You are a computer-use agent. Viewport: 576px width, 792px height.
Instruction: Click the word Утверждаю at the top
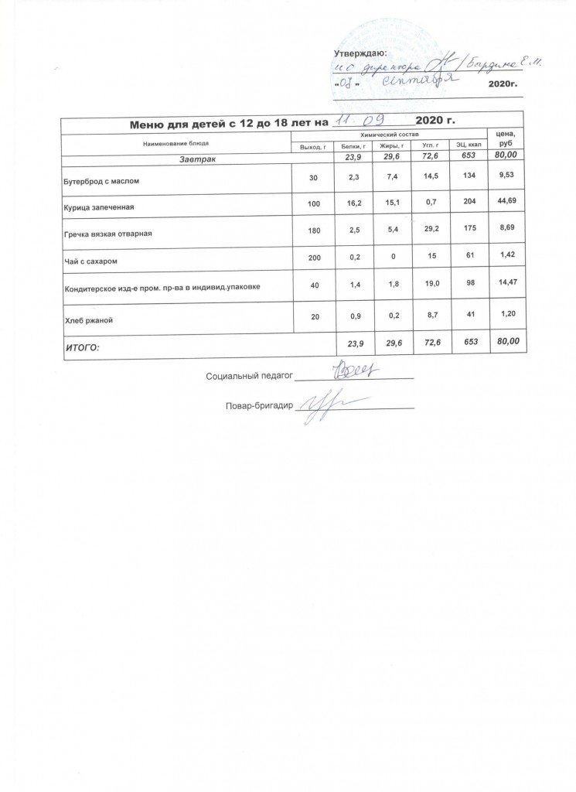359,53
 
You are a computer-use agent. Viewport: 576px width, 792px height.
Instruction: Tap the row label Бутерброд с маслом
101,180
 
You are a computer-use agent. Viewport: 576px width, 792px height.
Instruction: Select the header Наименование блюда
176,144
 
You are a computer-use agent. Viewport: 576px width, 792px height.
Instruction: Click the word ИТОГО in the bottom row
84,348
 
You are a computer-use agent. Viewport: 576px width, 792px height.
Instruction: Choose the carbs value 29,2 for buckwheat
424,230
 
